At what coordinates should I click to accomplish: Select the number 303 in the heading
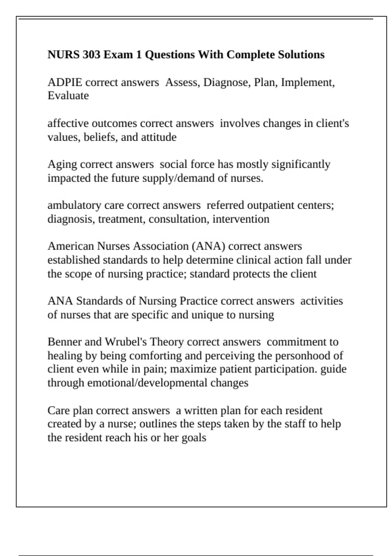(91, 54)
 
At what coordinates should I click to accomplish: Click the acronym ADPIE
(65, 82)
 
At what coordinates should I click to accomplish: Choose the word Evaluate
(68, 96)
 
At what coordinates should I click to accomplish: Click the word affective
(68, 123)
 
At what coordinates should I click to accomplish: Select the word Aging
(62, 164)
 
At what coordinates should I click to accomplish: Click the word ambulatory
(74, 205)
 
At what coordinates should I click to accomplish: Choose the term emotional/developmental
(147, 383)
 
